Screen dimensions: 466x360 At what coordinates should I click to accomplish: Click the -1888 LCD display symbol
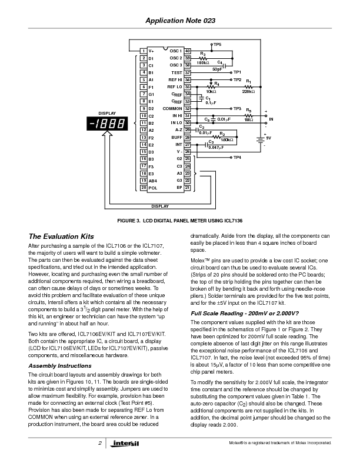pos(108,124)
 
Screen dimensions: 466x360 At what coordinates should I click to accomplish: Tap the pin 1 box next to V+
pos(144,51)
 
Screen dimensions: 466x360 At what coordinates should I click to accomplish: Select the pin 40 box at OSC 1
pos(187,51)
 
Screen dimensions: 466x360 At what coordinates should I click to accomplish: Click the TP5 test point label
pos(217,45)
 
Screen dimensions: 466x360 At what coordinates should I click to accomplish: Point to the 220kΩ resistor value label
pos(248,91)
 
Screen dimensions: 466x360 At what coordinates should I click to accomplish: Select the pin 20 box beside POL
pos(144,188)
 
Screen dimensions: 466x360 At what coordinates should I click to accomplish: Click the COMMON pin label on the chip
pos(172,108)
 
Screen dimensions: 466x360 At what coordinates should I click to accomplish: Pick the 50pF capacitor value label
pos(217,69)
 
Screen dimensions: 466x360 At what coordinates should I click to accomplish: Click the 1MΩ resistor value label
pos(249,120)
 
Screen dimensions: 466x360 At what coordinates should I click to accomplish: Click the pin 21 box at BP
pos(187,188)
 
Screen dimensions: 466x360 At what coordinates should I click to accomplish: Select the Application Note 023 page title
pos(180,21)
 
